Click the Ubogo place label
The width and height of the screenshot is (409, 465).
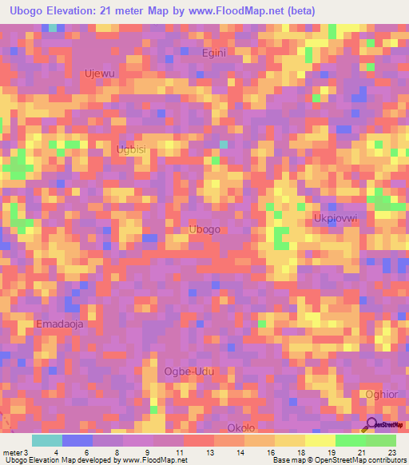click(x=204, y=229)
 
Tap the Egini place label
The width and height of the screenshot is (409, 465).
click(x=213, y=53)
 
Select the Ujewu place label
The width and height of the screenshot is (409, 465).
click(x=99, y=74)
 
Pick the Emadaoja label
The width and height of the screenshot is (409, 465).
click(x=60, y=324)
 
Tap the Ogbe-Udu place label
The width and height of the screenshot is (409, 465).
click(x=189, y=372)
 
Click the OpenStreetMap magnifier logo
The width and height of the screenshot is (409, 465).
click(x=372, y=424)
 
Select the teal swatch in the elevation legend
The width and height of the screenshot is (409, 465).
click(x=47, y=440)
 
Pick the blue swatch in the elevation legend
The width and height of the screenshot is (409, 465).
click(x=77, y=440)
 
